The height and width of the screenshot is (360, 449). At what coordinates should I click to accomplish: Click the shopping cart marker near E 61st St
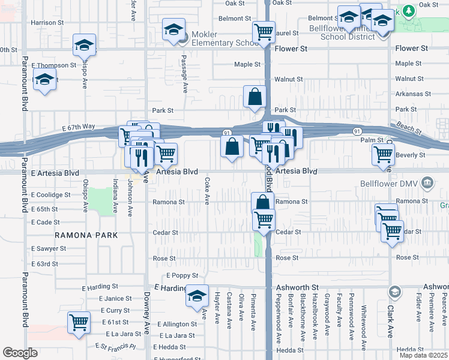point(79,322)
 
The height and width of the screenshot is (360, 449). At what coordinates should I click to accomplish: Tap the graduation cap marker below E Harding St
point(197,296)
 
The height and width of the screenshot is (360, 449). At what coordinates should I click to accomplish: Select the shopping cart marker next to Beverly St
point(383,154)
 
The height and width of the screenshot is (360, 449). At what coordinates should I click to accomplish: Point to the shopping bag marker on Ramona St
point(263,203)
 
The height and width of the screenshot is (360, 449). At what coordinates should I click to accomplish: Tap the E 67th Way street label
point(79,127)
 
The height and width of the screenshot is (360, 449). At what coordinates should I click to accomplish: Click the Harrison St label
point(47,22)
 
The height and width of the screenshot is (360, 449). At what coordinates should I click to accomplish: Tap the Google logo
point(20,353)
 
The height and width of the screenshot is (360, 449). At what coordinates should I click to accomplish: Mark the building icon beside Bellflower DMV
point(427,182)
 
